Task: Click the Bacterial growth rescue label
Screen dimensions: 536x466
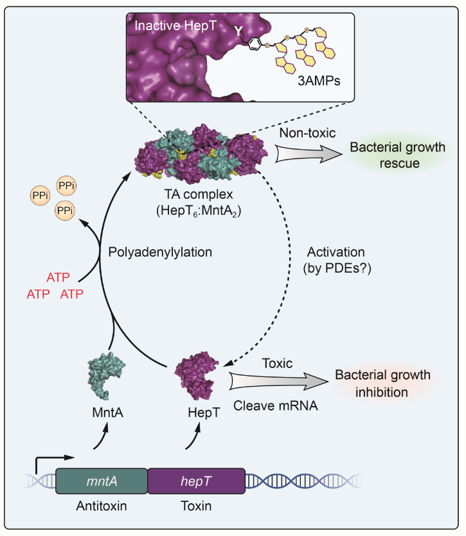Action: click(x=397, y=156)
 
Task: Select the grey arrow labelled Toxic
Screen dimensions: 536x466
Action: click(x=277, y=382)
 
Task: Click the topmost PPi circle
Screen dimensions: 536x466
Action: click(x=66, y=187)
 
